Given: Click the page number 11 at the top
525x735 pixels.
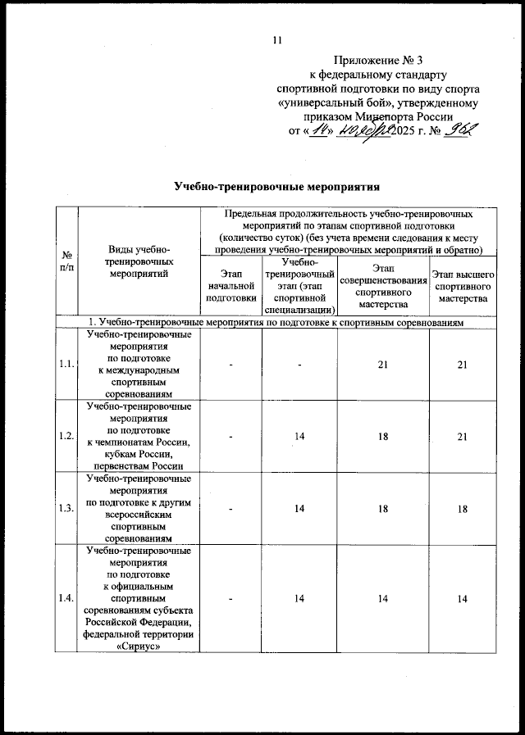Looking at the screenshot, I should [x=276, y=41].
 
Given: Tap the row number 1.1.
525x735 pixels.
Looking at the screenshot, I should [x=65, y=365].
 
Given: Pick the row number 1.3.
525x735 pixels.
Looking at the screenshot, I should [x=65, y=508].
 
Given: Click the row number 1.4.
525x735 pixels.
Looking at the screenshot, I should [x=65, y=600].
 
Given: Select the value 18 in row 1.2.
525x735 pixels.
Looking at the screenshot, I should [x=382, y=436].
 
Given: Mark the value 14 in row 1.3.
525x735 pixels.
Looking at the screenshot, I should [x=300, y=508].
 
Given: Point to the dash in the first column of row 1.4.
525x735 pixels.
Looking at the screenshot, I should [x=231, y=600].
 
